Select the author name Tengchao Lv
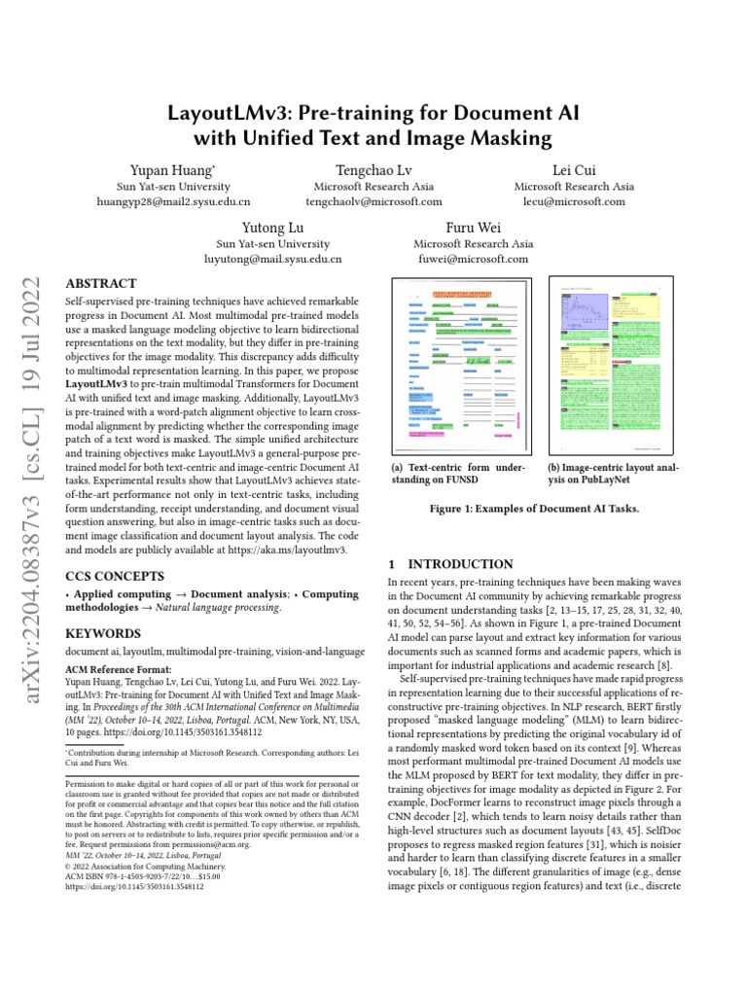pos(373,169)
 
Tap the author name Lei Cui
pos(574,169)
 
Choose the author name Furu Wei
pos(473,227)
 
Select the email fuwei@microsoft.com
pos(473,260)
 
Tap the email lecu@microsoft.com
pos(574,202)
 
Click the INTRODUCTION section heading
pos(450,564)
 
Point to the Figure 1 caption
pos(534,509)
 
